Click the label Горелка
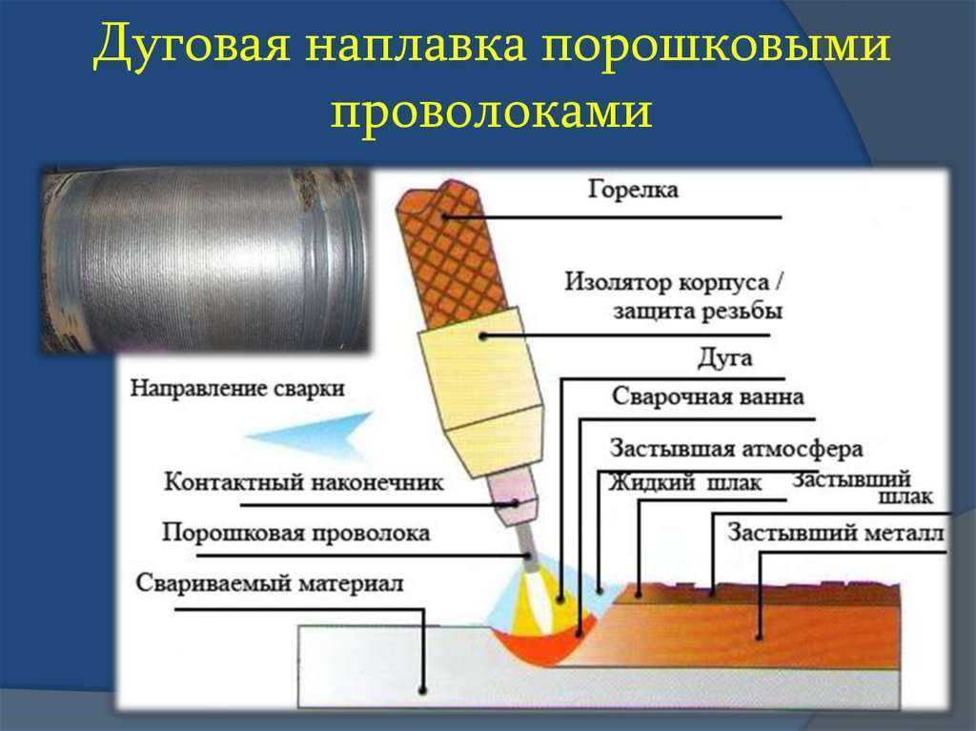(633, 189)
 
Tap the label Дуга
(724, 358)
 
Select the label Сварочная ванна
(708, 396)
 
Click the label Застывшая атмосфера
(737, 448)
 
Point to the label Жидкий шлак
(684, 482)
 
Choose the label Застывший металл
(836, 533)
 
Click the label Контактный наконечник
(304, 482)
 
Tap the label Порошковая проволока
(295, 533)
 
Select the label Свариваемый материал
(270, 583)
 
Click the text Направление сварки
(237, 389)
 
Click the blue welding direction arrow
(312, 436)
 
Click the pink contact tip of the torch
(514, 497)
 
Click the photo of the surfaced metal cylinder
(206, 259)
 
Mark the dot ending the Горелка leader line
(444, 216)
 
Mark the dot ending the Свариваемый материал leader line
(422, 690)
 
